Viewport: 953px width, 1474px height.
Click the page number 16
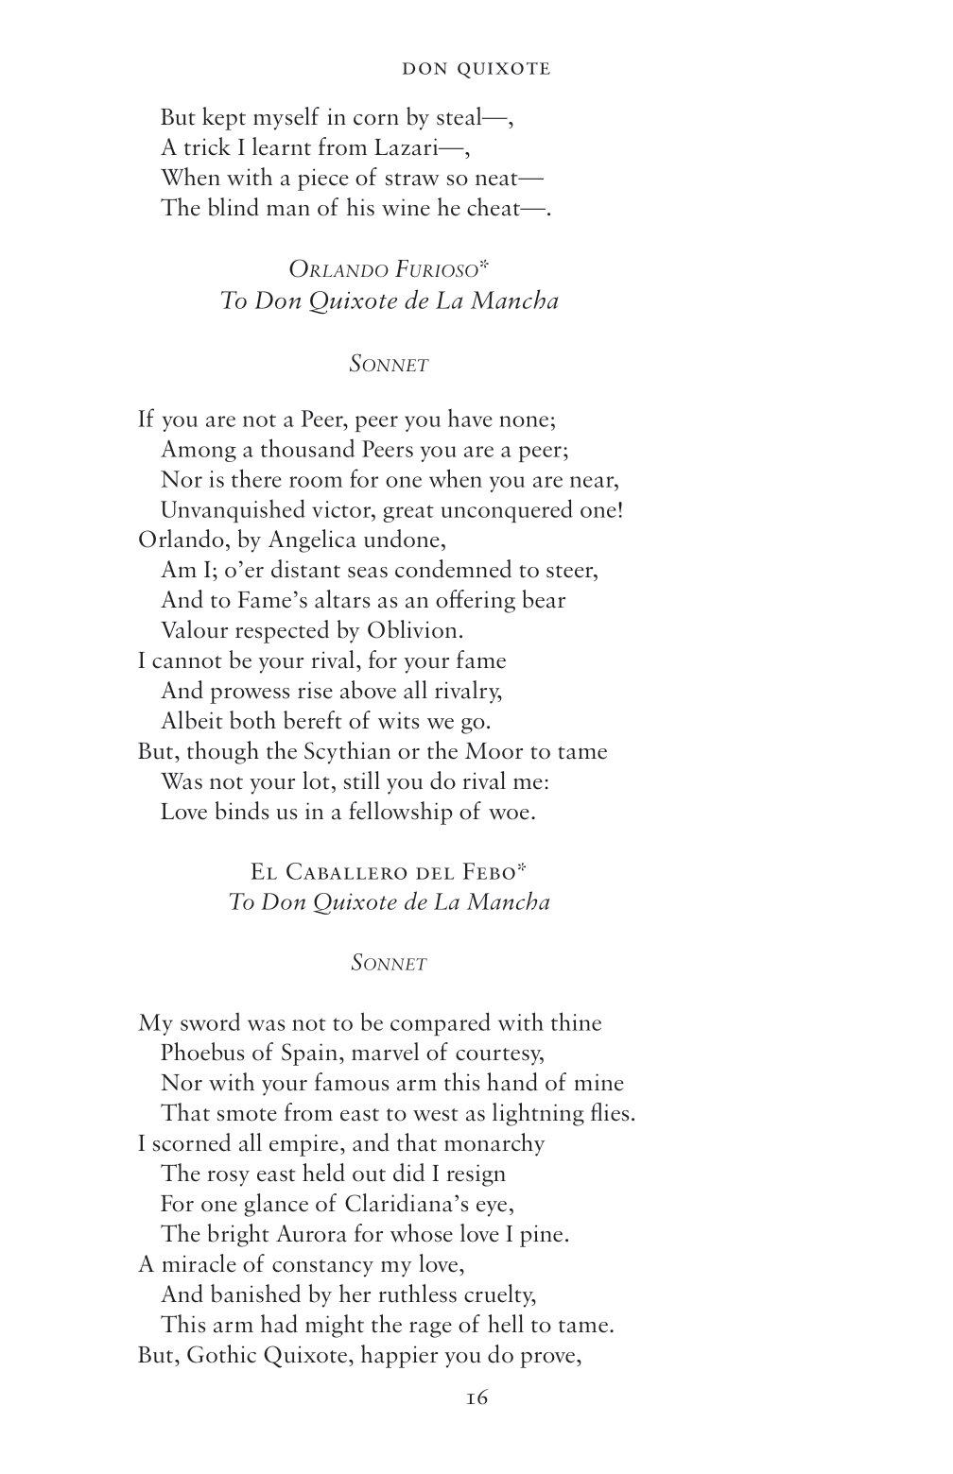coord(476,1397)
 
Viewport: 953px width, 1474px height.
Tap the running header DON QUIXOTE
coord(476,69)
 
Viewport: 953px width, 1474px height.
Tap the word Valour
coord(194,630)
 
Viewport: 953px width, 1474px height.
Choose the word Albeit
coord(192,721)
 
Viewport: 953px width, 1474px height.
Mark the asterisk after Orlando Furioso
coord(484,266)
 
